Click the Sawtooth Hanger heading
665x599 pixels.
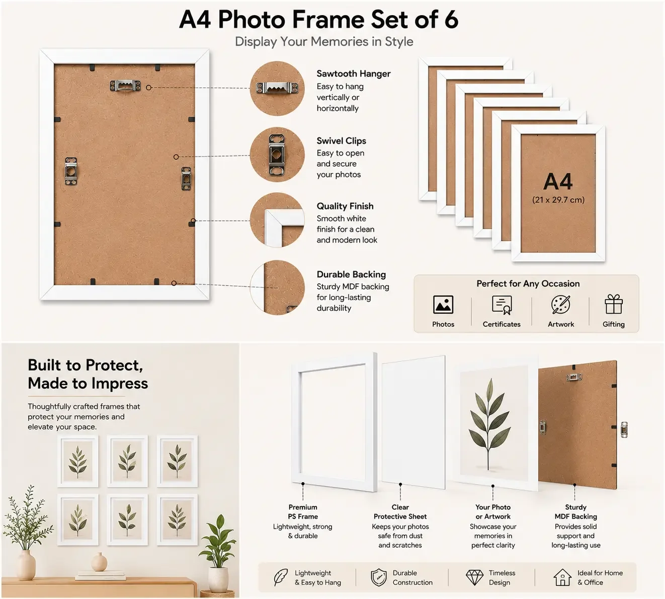tap(354, 73)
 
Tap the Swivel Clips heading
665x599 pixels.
tap(342, 141)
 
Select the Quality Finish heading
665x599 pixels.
tap(345, 206)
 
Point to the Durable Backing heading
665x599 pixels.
tap(351, 274)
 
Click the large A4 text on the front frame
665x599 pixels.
tap(558, 182)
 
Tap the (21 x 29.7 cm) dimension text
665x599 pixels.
tap(558, 200)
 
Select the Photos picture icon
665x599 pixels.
tap(443, 305)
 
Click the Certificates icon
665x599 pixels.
tap(502, 305)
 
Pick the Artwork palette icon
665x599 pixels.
tap(560, 305)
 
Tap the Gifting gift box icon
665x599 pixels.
tap(614, 304)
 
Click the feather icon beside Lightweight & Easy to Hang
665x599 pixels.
tap(281, 577)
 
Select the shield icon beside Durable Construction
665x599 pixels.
tap(379, 577)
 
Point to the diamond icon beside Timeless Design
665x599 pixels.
tap(474, 577)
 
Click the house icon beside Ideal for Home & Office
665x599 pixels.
tap(562, 577)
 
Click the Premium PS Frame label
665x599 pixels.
tap(303, 512)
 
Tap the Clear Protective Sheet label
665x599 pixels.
tap(400, 512)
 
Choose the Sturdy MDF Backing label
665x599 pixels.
tap(576, 512)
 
